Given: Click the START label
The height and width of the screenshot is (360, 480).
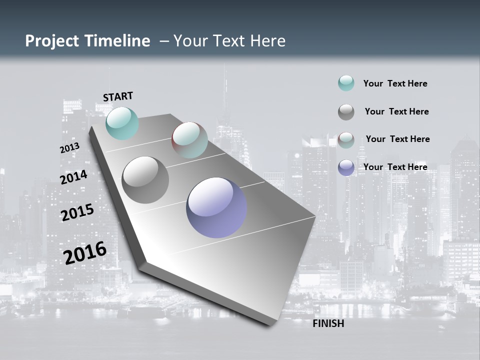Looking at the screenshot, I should [118, 96].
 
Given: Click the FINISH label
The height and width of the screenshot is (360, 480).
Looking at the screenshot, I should [328, 323].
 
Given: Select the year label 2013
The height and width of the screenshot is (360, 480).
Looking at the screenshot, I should [69, 148].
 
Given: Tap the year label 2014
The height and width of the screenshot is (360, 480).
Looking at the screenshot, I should [73, 177].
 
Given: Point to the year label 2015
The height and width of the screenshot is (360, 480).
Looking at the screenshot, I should [77, 212].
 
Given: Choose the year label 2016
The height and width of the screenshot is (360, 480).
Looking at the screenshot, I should [85, 253].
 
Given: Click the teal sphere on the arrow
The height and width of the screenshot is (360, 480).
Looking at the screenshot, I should [122, 123].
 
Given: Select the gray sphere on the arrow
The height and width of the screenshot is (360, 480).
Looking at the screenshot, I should [145, 180].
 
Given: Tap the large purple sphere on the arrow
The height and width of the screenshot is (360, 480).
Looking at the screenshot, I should [216, 207].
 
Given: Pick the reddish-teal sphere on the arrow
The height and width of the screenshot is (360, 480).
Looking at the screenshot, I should [189, 140].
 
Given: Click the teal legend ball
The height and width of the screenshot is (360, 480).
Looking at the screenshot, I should [346, 83].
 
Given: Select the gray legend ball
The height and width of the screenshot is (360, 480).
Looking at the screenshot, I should [346, 112].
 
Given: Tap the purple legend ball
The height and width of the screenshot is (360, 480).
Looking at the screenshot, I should [346, 167].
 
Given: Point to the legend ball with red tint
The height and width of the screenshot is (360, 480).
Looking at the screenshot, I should [346, 140].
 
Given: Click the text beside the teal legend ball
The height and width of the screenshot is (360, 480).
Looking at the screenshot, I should [395, 83].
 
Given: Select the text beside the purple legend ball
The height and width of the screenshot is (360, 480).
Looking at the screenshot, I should [395, 167].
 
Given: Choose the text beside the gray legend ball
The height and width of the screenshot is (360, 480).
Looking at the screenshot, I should [396, 111].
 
